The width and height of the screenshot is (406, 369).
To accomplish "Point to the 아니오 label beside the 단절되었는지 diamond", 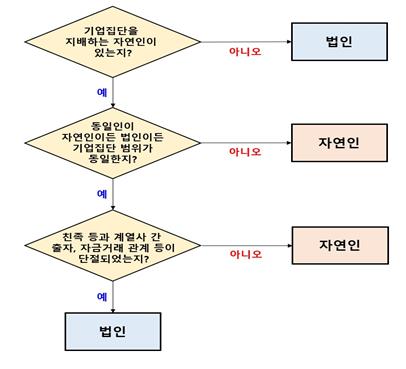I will pyautogui.click(x=245, y=254).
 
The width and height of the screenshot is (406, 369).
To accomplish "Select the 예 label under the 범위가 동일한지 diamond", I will pyautogui.click(x=102, y=192).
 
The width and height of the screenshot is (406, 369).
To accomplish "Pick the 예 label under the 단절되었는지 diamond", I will pyautogui.click(x=102, y=296).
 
